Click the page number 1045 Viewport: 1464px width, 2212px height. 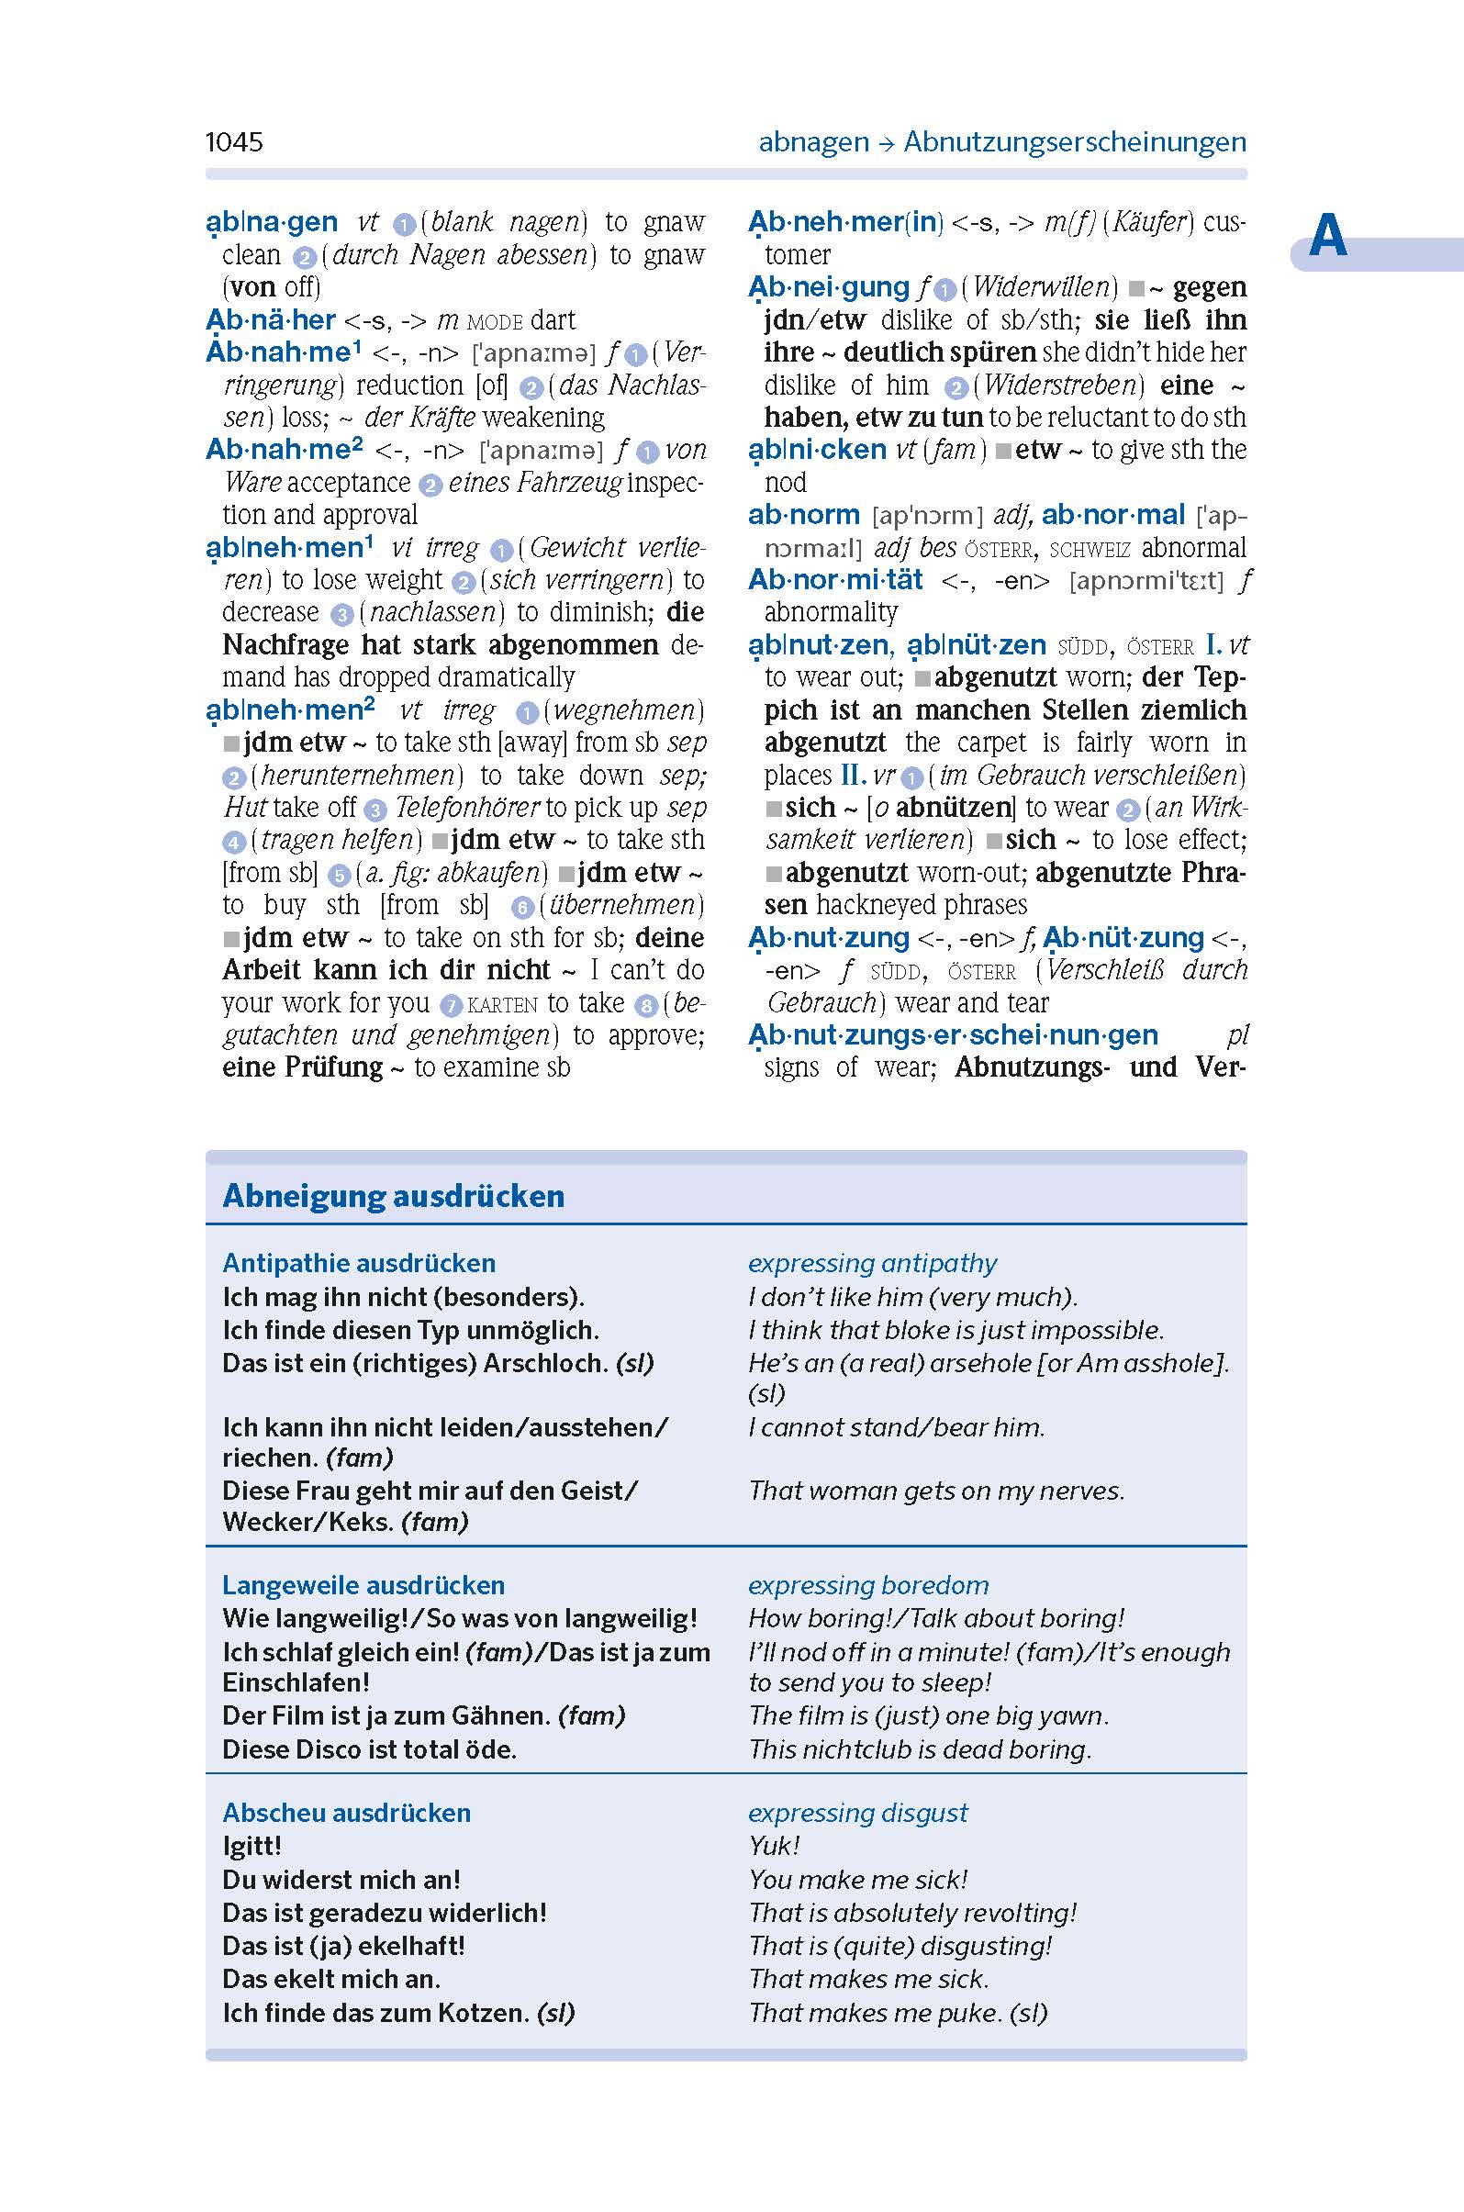233,142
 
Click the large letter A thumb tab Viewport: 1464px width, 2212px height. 1326,237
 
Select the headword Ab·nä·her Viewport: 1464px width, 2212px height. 271,319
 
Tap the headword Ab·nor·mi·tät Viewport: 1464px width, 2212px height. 834,580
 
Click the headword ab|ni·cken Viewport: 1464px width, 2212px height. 817,449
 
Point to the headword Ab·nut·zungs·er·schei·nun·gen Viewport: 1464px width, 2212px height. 954,1034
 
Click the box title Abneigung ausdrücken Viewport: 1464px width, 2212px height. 393,1195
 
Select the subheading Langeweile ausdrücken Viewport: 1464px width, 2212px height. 363,1584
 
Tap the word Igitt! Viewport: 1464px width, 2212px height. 251,1846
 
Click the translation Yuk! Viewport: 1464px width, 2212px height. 774,1846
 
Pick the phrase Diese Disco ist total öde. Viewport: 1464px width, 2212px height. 369,1748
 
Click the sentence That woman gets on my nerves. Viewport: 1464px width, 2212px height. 935,1491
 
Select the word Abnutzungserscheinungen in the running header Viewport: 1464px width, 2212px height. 1075,142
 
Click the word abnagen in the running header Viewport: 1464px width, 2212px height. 813,142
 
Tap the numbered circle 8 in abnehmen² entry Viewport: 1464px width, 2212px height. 646,1006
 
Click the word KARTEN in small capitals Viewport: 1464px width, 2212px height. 502,1005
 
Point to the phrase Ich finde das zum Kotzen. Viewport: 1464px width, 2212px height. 375,2012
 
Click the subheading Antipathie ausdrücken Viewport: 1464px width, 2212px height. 359,1262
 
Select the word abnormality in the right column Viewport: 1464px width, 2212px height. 831,612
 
